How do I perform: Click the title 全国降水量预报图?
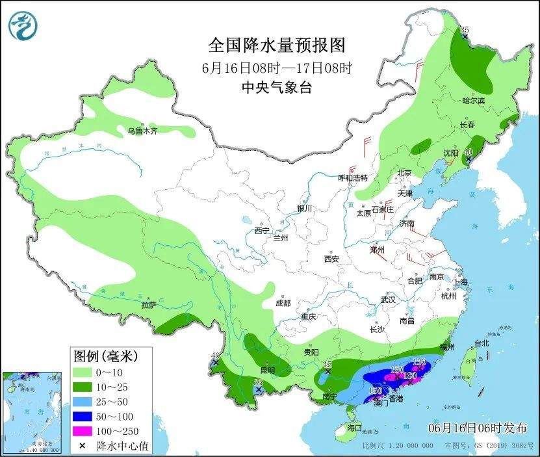click(x=276, y=46)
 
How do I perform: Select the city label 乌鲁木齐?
click(x=142, y=131)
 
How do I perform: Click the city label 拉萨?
click(x=148, y=304)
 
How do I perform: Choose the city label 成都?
click(x=283, y=302)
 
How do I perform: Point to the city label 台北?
click(x=481, y=343)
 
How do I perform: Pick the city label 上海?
click(x=461, y=282)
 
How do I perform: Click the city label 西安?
click(x=331, y=258)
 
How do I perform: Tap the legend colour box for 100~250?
click(x=83, y=430)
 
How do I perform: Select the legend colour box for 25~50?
click(x=83, y=402)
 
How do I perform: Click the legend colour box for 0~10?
click(x=83, y=372)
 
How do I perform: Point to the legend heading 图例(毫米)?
click(x=103, y=356)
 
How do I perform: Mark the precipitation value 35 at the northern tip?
click(x=464, y=30)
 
